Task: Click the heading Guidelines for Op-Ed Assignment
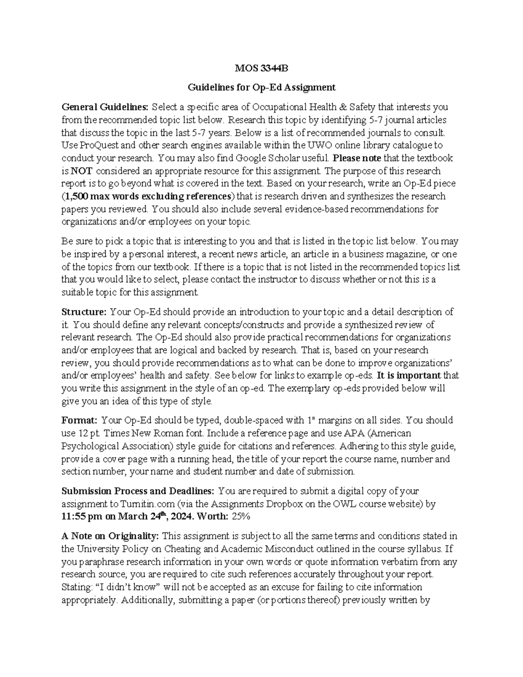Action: click(x=261, y=88)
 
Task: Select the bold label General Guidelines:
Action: click(x=105, y=107)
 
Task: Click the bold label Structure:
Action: click(x=84, y=312)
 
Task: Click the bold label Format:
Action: click(x=80, y=421)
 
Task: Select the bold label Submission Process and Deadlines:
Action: click(x=138, y=491)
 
